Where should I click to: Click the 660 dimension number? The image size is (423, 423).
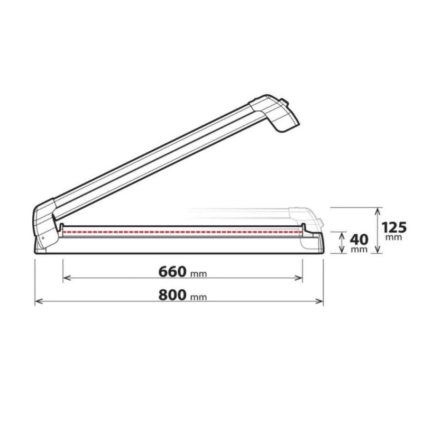[x=172, y=272]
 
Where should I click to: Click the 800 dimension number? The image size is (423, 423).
[x=172, y=295]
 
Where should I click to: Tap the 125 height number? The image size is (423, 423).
[x=394, y=227]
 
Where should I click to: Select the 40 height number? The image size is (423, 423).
[x=359, y=240]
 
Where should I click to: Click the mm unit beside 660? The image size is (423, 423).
[x=199, y=274]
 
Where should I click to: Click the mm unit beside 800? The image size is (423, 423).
[x=199, y=297]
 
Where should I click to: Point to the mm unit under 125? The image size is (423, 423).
[x=393, y=237]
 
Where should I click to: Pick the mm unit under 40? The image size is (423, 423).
[x=359, y=249]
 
